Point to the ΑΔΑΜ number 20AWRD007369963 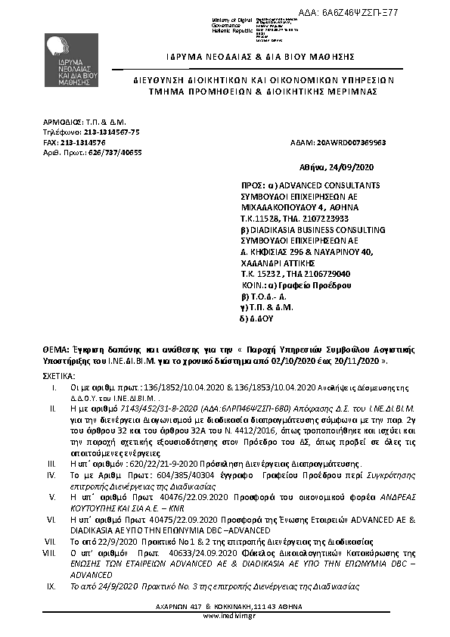pos(349,142)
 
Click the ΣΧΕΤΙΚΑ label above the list pos(58,374)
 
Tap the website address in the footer pos(225,616)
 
